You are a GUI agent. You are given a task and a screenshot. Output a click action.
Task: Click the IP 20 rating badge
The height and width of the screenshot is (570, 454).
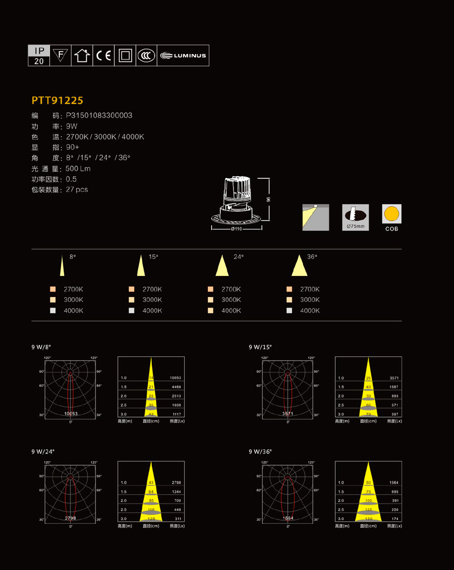39,56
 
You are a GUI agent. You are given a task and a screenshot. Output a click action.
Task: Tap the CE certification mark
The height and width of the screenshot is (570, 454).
104,56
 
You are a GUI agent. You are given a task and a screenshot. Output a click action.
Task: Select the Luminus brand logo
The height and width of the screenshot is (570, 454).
183,56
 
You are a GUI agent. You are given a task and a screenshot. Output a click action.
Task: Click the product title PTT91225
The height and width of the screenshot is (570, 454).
57,100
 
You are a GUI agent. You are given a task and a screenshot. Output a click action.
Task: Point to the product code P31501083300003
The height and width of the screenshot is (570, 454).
99,115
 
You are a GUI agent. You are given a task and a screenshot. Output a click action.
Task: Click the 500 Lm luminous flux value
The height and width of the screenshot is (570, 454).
78,169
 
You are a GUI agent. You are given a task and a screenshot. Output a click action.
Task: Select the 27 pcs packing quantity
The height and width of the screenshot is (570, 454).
77,190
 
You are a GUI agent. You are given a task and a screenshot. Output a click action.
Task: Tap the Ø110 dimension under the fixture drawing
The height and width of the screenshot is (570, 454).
236,229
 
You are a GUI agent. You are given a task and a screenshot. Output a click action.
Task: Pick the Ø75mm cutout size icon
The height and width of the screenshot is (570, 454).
355,217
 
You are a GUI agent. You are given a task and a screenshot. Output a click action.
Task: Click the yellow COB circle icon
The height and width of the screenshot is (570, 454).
391,214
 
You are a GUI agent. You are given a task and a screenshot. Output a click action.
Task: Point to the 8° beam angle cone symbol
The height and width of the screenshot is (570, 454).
62,266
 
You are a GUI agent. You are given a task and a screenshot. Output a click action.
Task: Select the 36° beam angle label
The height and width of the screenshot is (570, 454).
312,257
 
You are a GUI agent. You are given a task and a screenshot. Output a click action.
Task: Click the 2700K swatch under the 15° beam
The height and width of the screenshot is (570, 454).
132,290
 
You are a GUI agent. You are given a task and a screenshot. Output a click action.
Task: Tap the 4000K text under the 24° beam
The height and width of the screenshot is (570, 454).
231,311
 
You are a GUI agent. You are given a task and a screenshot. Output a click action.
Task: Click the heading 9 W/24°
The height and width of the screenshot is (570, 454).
43,452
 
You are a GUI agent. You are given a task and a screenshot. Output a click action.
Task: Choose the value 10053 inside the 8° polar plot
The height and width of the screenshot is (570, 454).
71,413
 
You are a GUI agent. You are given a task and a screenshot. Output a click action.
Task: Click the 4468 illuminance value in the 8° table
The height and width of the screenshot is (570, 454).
176,387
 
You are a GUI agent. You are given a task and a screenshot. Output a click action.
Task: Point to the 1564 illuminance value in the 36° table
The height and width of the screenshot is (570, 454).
394,483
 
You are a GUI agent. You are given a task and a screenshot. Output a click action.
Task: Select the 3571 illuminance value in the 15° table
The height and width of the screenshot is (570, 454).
394,378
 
